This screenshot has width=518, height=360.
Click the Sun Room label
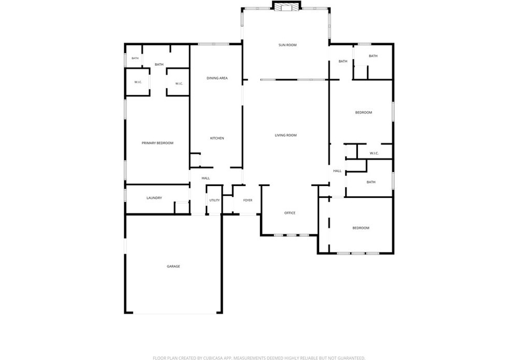[287, 45]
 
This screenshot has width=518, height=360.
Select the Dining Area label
[217, 78]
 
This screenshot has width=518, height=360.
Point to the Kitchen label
[217, 138]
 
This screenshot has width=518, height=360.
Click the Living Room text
[286, 135]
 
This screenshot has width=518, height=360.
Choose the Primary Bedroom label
[157, 143]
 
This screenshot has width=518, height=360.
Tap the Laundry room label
[154, 198]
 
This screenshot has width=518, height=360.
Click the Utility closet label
[214, 200]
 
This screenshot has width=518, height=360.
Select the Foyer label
[248, 200]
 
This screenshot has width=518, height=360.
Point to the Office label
[290, 213]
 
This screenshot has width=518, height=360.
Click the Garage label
[174, 267]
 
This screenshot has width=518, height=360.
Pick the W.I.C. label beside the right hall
[375, 153]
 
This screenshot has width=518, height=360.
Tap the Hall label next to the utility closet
[206, 178]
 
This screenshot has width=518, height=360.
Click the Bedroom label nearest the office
[361, 228]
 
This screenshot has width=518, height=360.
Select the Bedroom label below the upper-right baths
[364, 112]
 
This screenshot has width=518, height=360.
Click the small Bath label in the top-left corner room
[135, 59]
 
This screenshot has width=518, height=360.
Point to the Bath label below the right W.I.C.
[371, 182]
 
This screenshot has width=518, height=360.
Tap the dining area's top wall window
[214, 44]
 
